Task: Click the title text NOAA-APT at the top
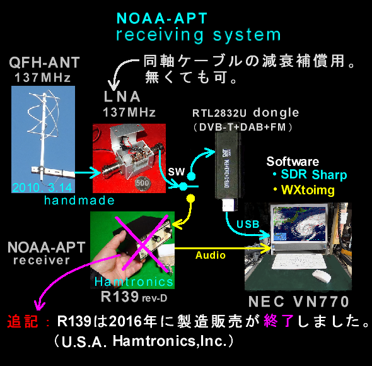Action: pos(162,18)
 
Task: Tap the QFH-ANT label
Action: pos(44,62)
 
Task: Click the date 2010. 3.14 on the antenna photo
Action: pos(42,187)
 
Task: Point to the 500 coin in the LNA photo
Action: pos(142,183)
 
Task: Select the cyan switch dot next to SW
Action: pos(191,177)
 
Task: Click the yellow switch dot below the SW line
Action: pos(191,198)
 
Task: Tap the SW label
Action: pos(177,172)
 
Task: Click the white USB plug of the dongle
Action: pos(230,205)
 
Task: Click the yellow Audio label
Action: pos(211,256)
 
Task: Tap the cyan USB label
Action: pos(248,224)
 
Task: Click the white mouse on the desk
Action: pos(322,276)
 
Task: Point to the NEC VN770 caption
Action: pos(299,302)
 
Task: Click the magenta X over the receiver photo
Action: pos(142,244)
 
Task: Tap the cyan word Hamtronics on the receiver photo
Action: pos(134,282)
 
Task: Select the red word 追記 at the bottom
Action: pos(23,322)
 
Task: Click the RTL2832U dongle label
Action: pos(245,113)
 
